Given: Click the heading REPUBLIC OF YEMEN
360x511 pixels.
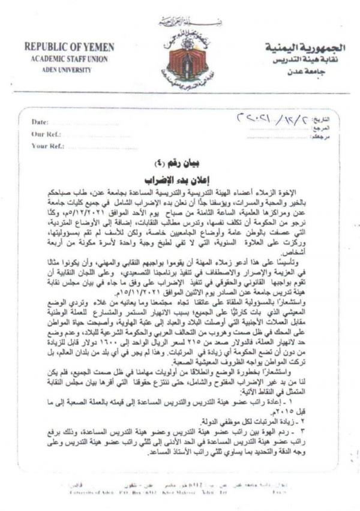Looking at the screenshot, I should click(69, 47).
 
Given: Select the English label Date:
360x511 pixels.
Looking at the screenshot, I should click(40, 122).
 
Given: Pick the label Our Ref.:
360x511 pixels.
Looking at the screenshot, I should click(44, 134).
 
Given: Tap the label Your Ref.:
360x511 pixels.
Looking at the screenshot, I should click(47, 146).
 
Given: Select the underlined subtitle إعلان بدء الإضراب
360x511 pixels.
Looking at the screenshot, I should click(178, 179).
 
